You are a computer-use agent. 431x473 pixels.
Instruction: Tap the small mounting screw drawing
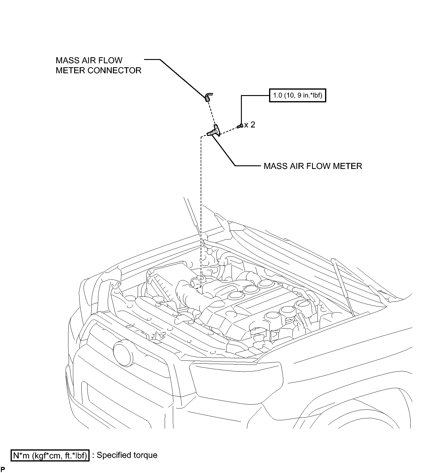[x=240, y=125]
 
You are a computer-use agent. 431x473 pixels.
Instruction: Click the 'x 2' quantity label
[x=250, y=124]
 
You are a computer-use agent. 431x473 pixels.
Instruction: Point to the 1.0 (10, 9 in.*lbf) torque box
[x=298, y=96]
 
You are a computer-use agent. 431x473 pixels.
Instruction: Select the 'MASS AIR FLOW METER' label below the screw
[x=313, y=166]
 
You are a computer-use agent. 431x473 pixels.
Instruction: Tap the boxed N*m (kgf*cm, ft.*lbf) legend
[x=50, y=455]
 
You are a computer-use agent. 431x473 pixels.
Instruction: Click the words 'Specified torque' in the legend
[x=127, y=455]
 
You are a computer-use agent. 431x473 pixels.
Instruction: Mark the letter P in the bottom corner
[x=3, y=470]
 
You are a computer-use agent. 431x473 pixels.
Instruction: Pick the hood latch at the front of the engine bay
[x=157, y=335]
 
